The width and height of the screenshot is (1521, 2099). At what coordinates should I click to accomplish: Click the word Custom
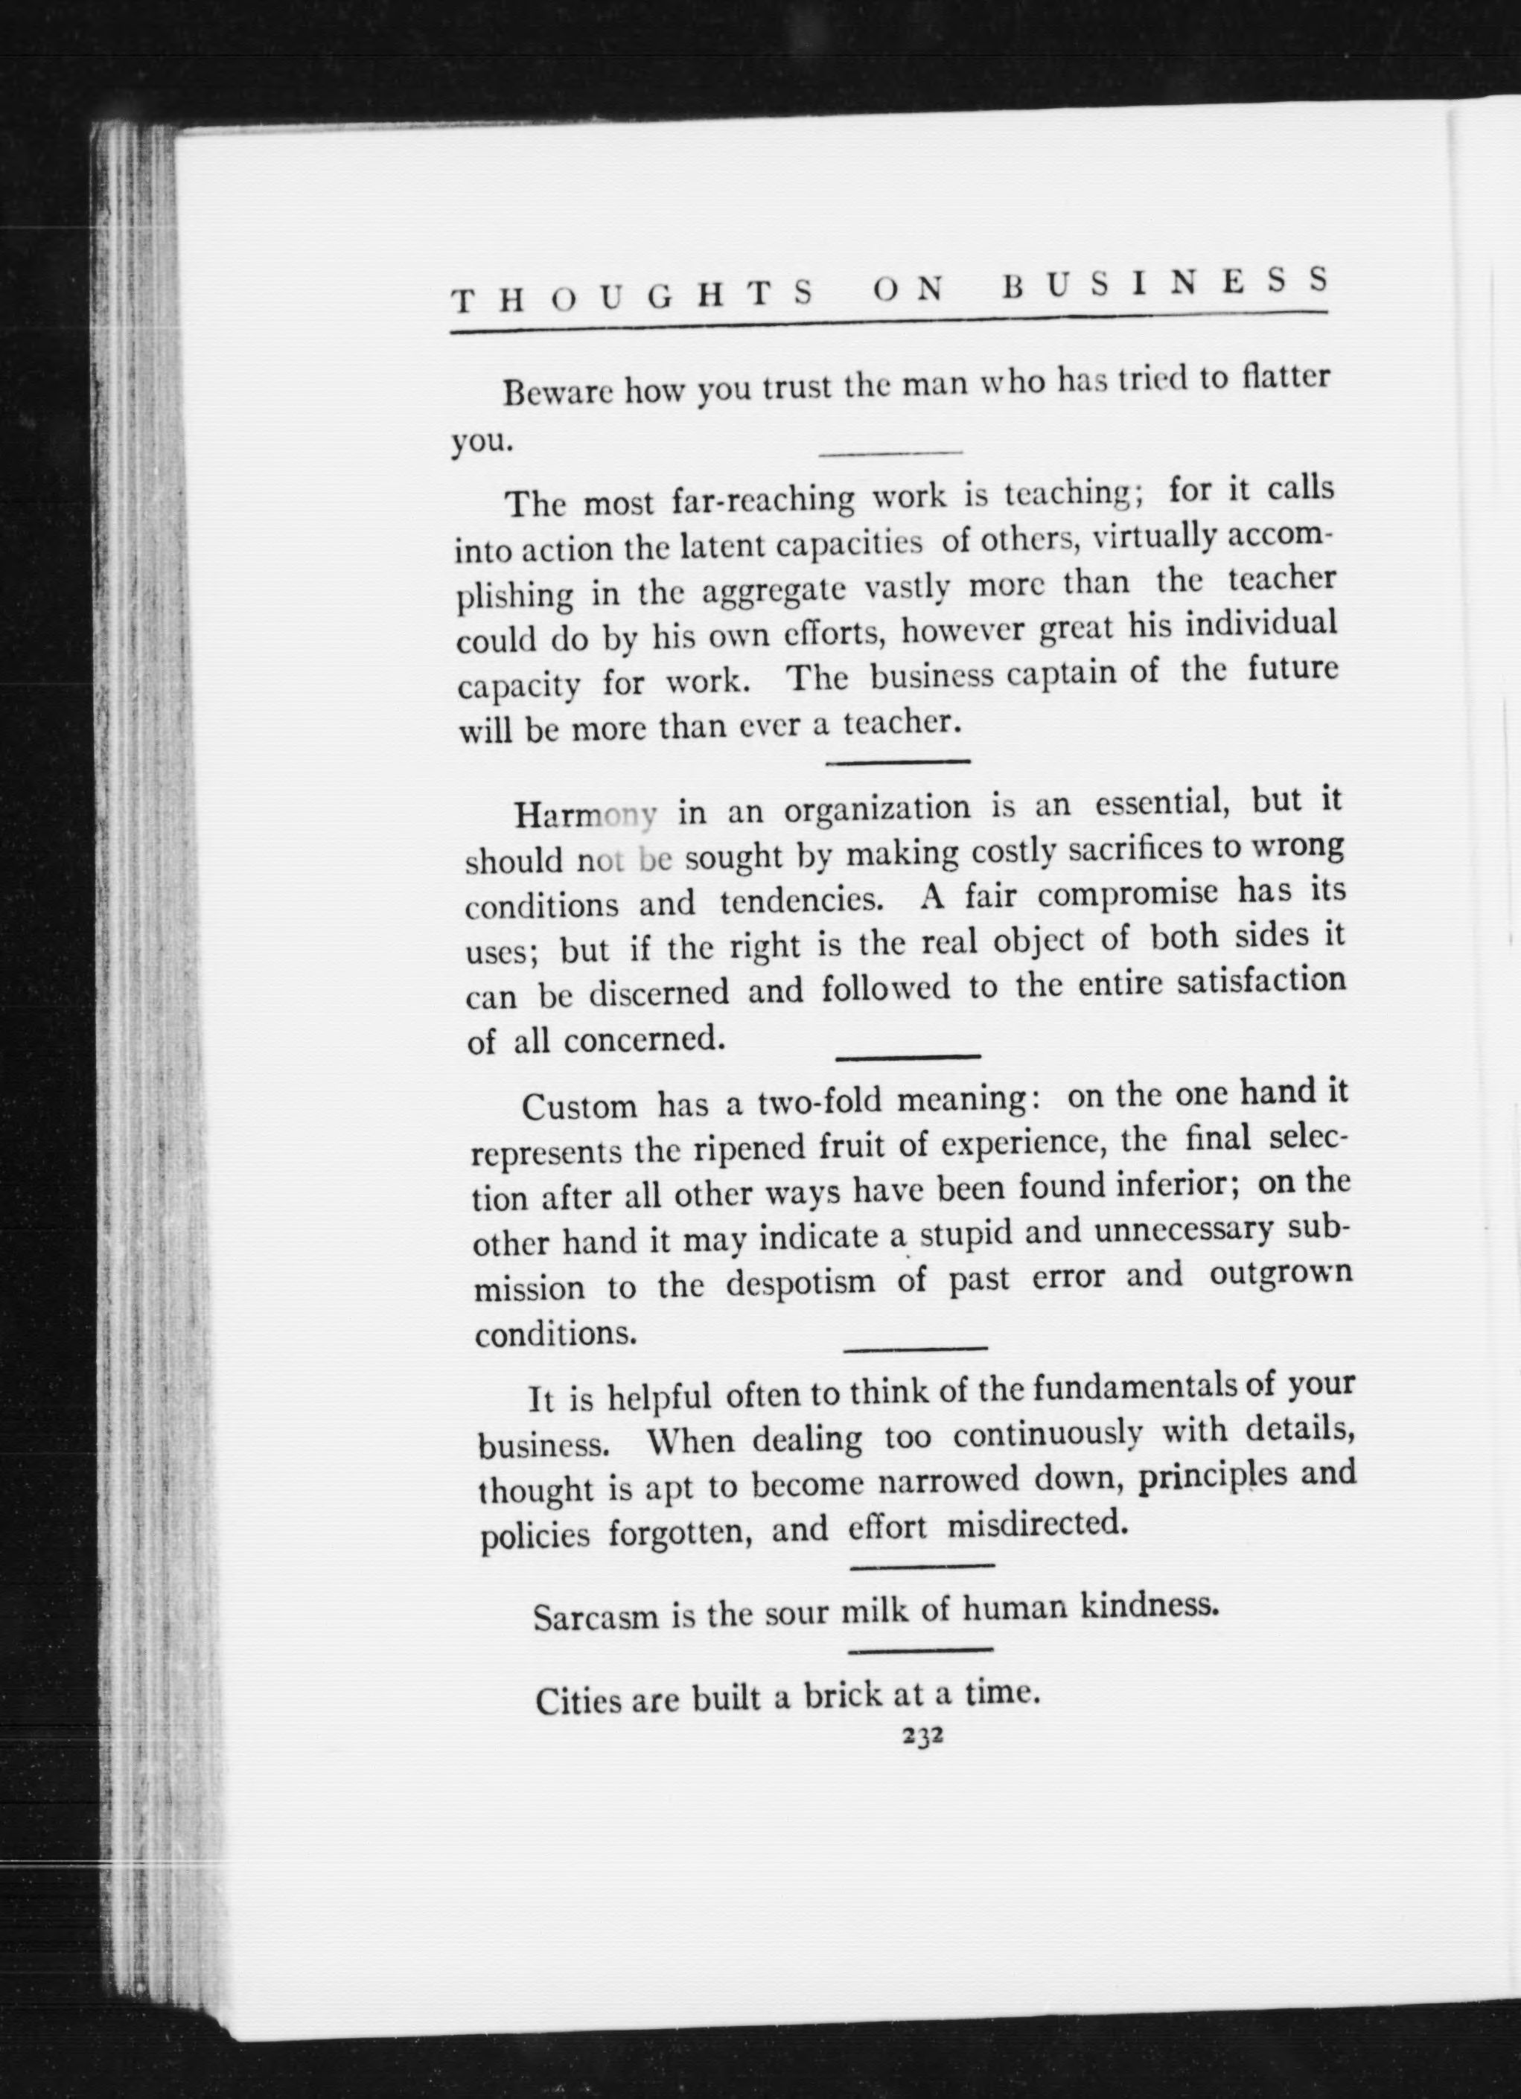(x=579, y=1107)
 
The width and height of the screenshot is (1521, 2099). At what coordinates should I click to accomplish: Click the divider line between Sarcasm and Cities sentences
(x=920, y=1650)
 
